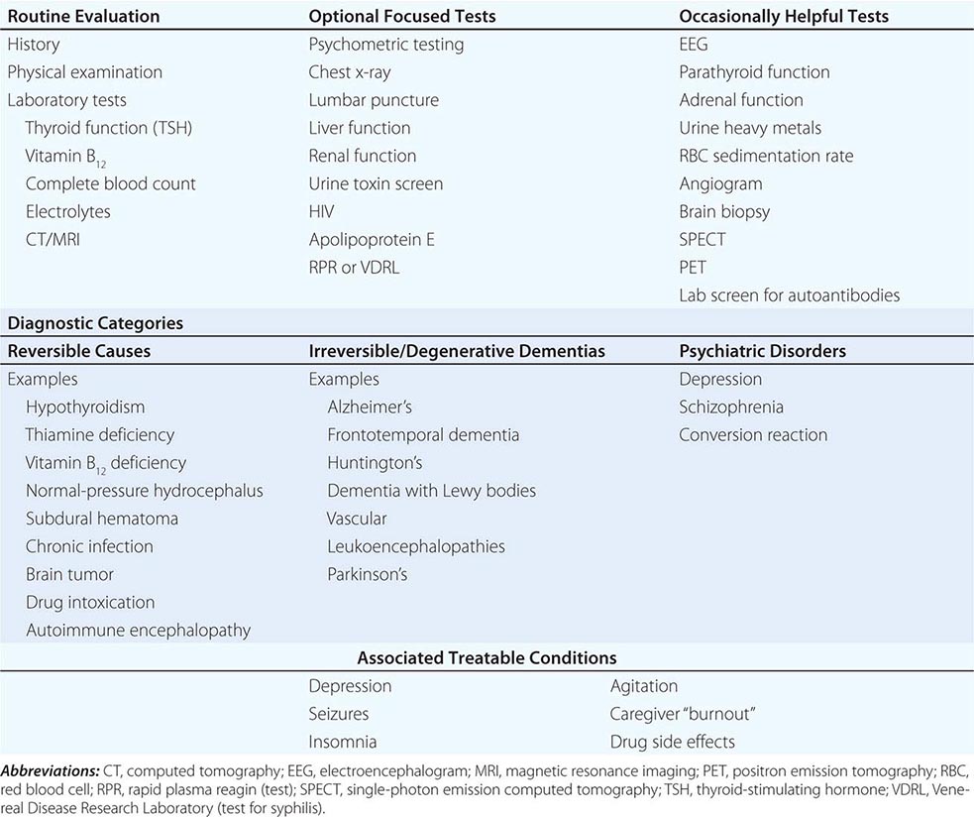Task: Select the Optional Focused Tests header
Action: pos(401,17)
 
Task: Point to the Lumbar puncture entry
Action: pos(374,100)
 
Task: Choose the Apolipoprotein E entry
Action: pos(372,239)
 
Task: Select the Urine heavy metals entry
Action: pos(750,128)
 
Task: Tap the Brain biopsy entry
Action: pos(724,211)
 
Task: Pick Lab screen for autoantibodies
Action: pos(789,294)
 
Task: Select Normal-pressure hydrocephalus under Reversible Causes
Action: pos(145,491)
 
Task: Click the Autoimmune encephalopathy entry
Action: pos(138,630)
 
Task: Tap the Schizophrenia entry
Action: pos(731,407)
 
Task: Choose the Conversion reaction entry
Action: pos(753,434)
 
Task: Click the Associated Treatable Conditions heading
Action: pos(487,658)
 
